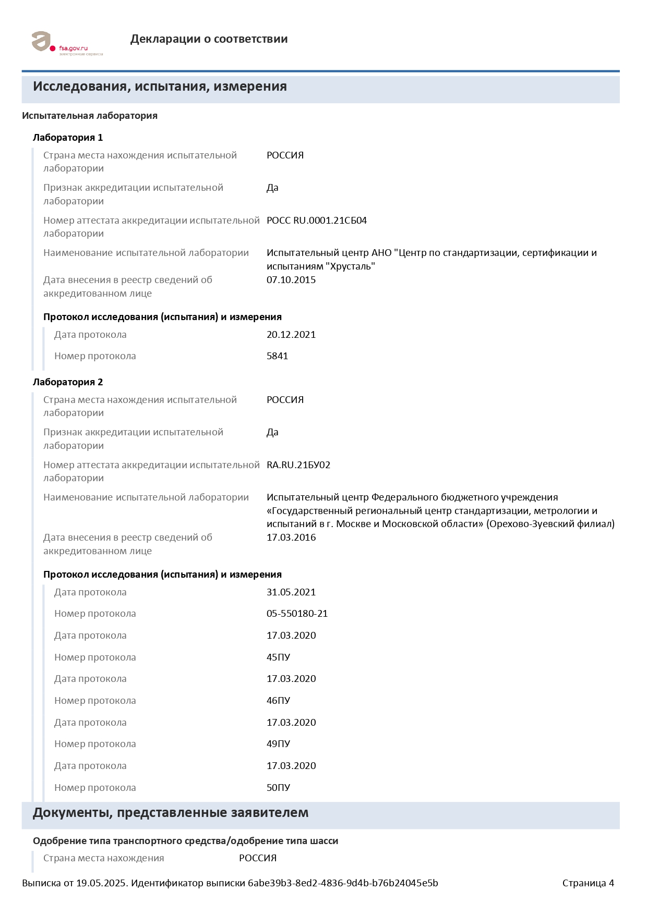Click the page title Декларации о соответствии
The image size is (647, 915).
coord(209,39)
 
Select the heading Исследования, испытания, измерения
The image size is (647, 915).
coord(160,87)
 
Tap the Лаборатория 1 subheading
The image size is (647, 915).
coord(68,138)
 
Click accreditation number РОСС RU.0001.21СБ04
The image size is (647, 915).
coord(316,221)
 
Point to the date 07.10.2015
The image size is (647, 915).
coord(291,280)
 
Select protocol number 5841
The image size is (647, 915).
coord(277,356)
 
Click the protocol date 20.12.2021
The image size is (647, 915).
coord(291,335)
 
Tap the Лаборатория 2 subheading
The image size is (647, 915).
coord(68,382)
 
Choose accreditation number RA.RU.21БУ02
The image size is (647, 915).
coord(298,465)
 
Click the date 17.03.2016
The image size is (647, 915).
coord(291,538)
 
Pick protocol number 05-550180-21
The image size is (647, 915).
coord(297,614)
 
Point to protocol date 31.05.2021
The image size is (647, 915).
coord(291,592)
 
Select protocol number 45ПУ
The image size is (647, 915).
coord(278,657)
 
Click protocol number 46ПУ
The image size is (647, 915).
coord(278,701)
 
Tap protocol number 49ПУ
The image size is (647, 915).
coord(278,744)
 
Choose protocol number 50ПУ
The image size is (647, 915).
coord(278,788)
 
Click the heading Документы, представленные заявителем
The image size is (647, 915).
coord(171,813)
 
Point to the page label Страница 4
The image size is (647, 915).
coord(588,883)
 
